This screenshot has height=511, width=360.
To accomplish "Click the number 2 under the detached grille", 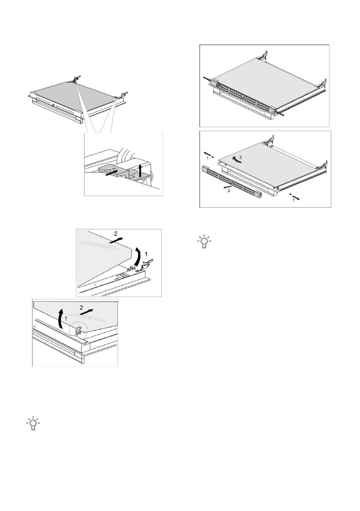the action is [x=229, y=191].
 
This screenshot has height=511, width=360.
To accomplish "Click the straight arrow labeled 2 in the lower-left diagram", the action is [x=88, y=311].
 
